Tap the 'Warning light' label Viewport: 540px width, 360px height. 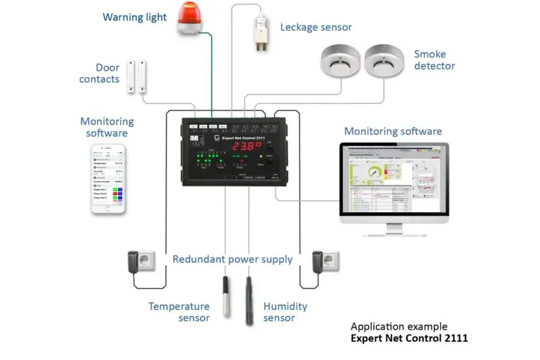134,17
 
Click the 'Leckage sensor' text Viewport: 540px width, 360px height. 316,27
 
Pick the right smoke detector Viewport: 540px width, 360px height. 382,61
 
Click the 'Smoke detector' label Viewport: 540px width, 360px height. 435,59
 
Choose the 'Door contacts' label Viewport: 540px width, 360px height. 99,73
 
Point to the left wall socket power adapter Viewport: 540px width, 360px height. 143,261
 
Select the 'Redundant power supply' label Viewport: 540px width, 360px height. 232,259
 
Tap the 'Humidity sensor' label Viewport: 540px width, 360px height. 285,312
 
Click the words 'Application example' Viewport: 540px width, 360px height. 399,326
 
